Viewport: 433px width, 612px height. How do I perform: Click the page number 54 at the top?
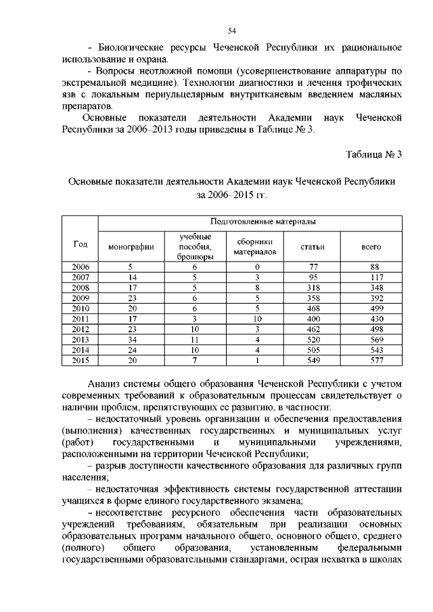231,30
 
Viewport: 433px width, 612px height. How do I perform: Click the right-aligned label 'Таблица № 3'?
374,154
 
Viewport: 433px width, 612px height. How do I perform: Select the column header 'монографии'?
131,247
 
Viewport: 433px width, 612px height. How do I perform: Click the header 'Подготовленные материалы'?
252,221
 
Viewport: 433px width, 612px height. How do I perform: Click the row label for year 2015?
81,361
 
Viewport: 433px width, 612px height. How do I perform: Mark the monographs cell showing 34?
131,340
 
